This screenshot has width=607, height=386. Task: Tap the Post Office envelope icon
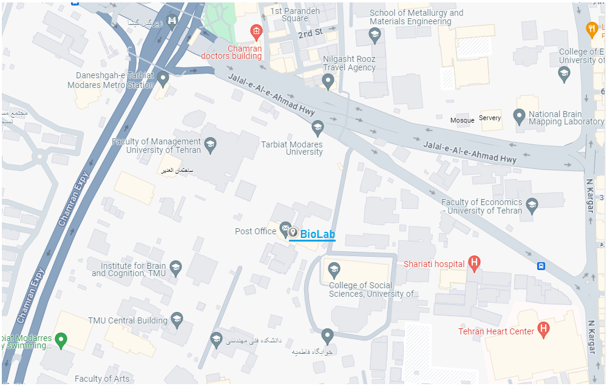coord(284,229)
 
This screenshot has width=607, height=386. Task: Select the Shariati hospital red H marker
coord(475,263)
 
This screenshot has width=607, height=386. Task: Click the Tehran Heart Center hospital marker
coord(543,330)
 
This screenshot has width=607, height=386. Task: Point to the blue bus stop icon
coord(541,266)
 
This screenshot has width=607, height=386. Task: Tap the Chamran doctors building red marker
coord(256,30)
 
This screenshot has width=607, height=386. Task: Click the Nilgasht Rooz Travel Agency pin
coord(328,80)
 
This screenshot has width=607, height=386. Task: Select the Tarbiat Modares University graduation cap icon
coord(317,127)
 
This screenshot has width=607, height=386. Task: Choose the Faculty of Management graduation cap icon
coord(210,143)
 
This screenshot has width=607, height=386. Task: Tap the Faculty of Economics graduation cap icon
coord(532,204)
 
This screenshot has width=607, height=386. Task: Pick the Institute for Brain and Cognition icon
coord(175,267)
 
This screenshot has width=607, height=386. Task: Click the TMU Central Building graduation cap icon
coord(177,319)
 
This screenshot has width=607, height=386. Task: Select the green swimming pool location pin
coord(61,339)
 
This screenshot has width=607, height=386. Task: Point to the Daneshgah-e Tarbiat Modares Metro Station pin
coord(163,78)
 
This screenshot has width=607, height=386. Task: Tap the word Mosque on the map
coord(462,120)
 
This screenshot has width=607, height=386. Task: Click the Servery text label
coord(490,118)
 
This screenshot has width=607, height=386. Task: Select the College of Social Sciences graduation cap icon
coord(333,269)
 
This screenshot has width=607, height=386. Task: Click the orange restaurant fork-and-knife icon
coord(592,28)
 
